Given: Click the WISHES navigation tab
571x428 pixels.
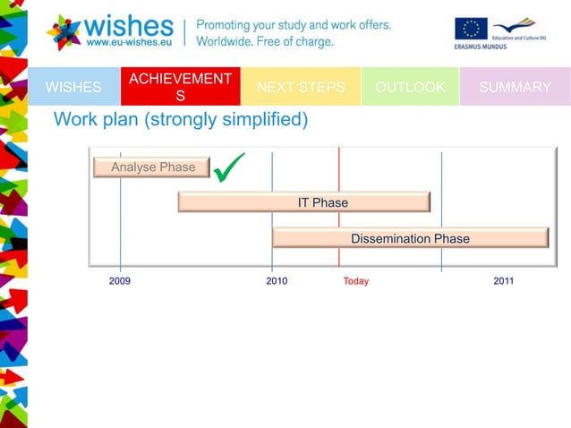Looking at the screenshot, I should tap(73, 87).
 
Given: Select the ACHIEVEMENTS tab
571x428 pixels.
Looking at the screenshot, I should tap(180, 87).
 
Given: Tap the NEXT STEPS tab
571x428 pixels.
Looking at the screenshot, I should tap(301, 87).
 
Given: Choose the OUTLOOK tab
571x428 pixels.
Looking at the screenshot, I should tap(410, 87).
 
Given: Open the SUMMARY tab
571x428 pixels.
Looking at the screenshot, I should tap(515, 87).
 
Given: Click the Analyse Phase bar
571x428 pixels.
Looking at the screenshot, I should tap(152, 167).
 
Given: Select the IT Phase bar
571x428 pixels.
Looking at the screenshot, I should tap(304, 202).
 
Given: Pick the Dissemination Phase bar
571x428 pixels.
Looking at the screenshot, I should tap(410, 238).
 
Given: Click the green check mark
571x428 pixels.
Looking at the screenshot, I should tap(230, 166).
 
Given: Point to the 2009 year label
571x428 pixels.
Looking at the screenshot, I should tap(120, 281).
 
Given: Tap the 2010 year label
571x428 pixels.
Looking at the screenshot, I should tap(277, 281).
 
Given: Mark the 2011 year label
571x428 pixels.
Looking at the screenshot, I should tap(504, 281).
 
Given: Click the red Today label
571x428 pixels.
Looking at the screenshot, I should tap(356, 281).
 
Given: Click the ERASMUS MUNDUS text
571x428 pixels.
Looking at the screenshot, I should tap(481, 47).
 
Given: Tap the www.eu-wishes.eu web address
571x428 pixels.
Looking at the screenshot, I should tap(129, 41).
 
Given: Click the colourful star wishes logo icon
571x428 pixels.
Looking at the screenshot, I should tap(64, 31).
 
